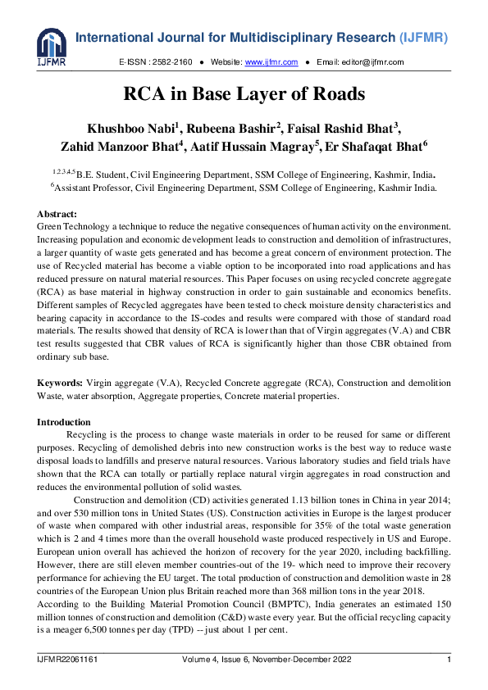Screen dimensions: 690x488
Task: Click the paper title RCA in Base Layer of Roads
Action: pyautogui.click(x=244, y=94)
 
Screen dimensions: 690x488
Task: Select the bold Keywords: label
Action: pyautogui.click(x=60, y=384)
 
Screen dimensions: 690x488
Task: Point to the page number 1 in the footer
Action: pyautogui.click(x=449, y=660)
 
